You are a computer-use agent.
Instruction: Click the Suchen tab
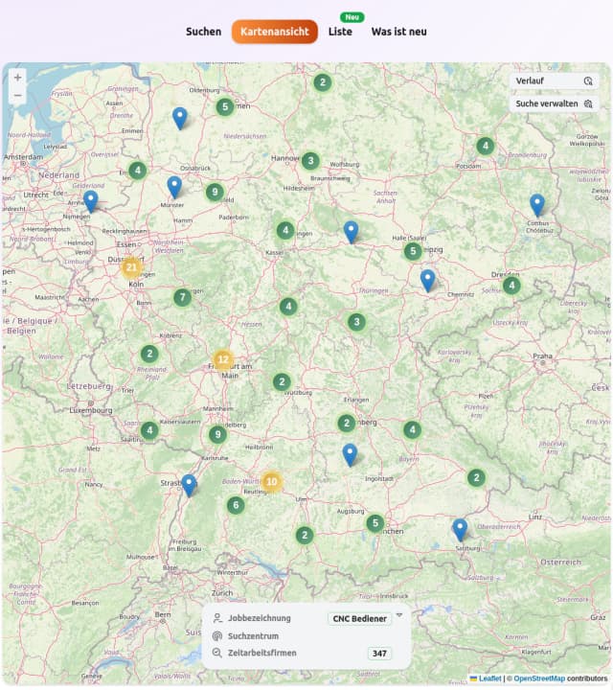click(x=203, y=32)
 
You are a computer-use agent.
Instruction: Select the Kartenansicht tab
click(x=275, y=32)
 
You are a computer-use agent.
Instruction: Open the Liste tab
click(x=340, y=32)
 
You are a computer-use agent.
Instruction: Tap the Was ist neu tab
click(x=398, y=32)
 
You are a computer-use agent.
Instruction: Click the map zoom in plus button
click(x=17, y=78)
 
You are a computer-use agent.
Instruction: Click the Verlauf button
click(x=554, y=80)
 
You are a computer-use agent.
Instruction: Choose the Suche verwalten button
click(x=554, y=103)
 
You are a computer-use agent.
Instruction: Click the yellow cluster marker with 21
click(x=132, y=267)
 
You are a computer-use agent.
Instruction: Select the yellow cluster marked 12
click(x=223, y=360)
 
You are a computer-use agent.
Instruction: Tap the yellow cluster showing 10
click(x=272, y=481)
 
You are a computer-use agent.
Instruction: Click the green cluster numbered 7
click(x=182, y=297)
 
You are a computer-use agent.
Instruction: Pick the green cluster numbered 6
click(x=236, y=504)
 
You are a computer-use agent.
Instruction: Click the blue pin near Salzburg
click(x=460, y=528)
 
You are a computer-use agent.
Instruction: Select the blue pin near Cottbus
click(x=537, y=203)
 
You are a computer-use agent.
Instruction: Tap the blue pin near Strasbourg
click(x=189, y=484)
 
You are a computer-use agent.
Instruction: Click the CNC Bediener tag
click(x=359, y=619)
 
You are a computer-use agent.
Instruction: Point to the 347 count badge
click(x=380, y=654)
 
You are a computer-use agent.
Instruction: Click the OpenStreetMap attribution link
click(x=538, y=678)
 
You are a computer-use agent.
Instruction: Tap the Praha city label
click(x=543, y=356)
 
